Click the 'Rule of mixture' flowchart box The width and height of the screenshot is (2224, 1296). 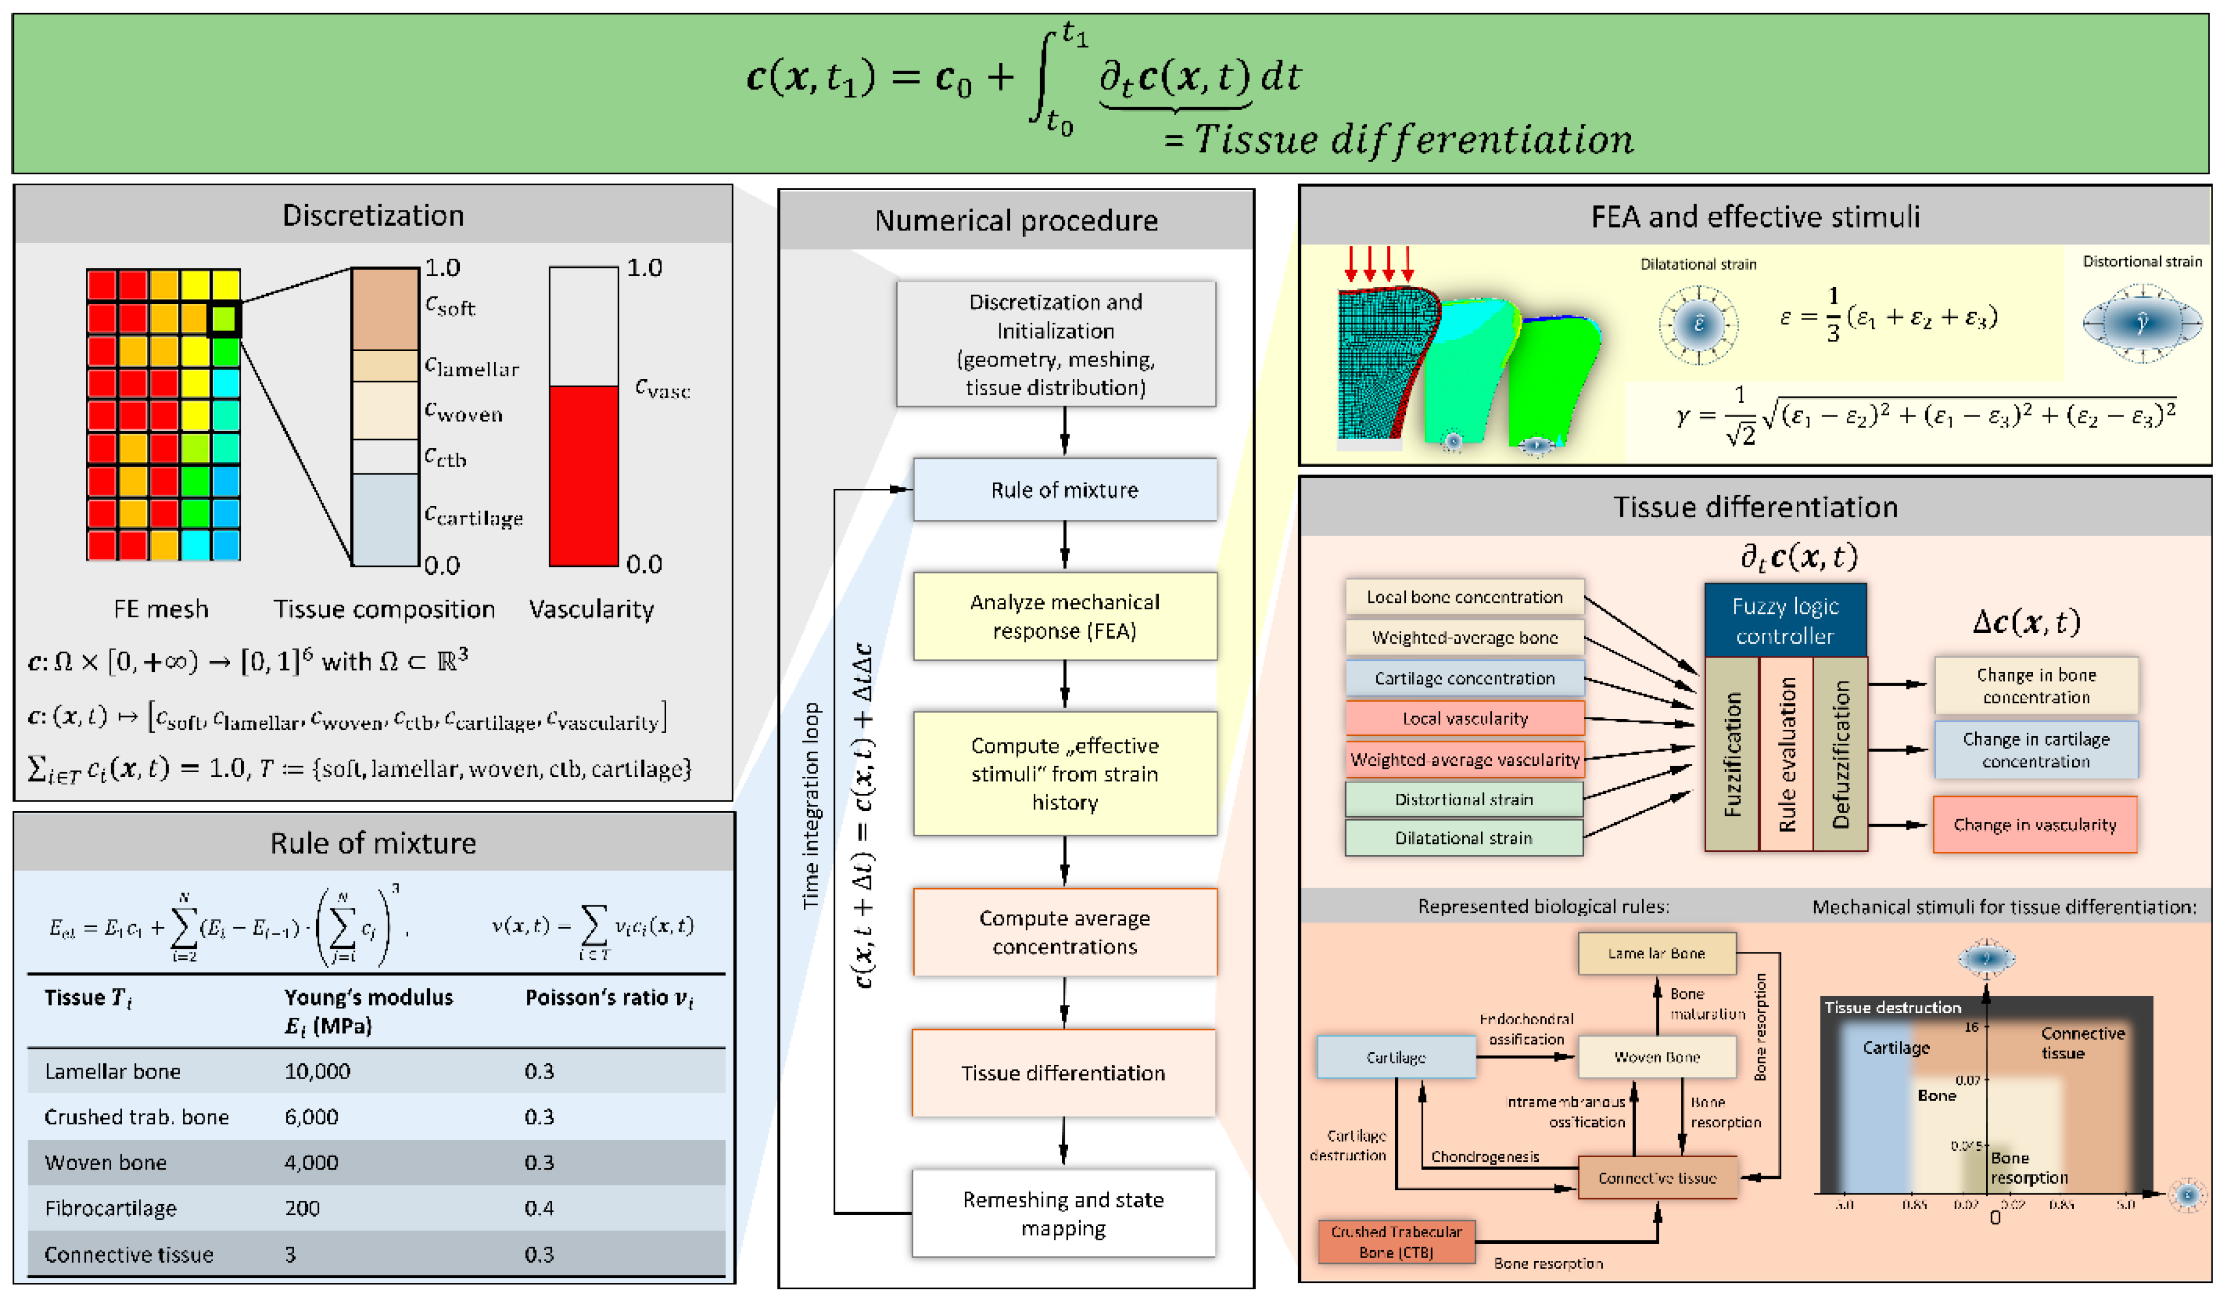(x=1064, y=489)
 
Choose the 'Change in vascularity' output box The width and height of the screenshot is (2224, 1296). (x=2034, y=824)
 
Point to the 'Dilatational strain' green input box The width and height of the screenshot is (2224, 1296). (x=1463, y=837)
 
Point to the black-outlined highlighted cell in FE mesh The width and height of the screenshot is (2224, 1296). (x=224, y=318)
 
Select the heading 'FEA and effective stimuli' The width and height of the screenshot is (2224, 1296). (x=1754, y=216)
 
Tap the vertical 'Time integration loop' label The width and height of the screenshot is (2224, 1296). (x=810, y=805)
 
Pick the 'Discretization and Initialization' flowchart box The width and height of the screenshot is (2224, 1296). (x=1056, y=344)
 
